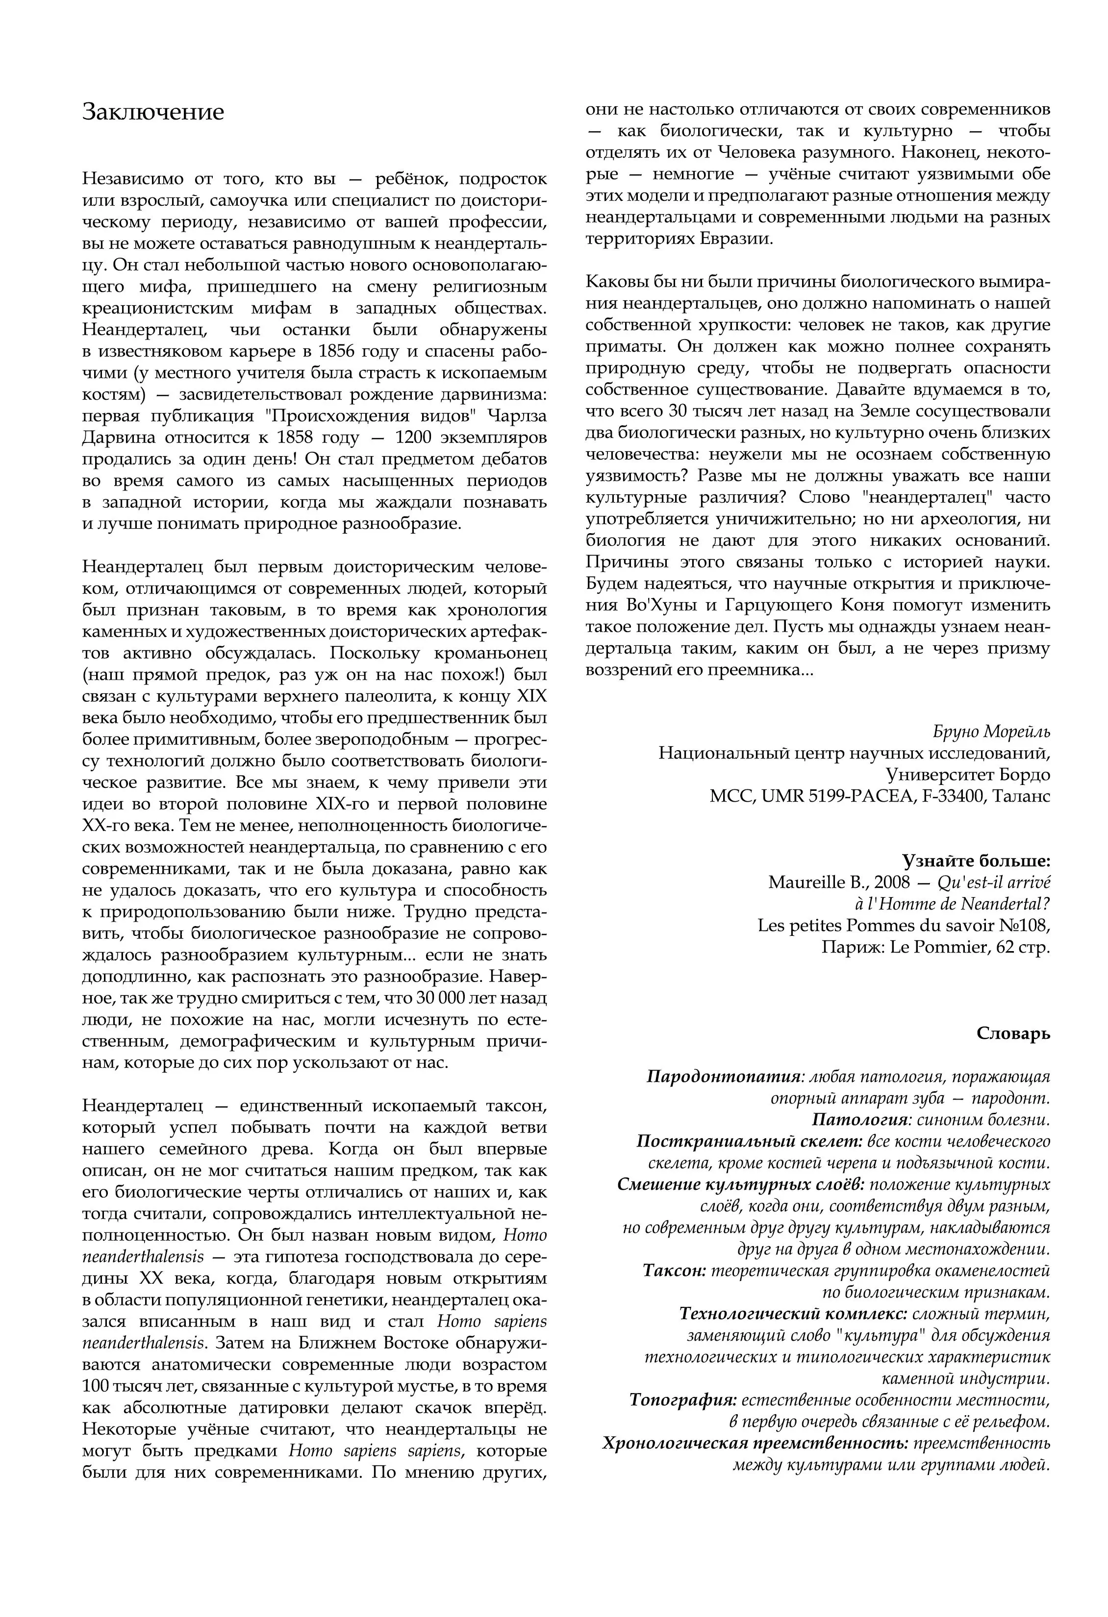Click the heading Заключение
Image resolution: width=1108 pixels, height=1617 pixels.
(153, 112)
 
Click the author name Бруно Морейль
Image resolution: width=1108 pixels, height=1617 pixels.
(991, 732)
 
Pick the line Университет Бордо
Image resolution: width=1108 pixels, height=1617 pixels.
(967, 775)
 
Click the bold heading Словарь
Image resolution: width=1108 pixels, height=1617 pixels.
(1013, 1034)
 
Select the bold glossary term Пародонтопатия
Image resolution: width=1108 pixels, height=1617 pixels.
(723, 1077)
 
